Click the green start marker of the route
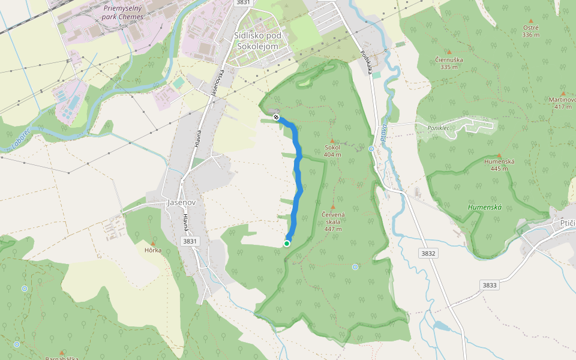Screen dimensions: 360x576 point(287,243)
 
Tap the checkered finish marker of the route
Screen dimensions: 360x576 point(276,117)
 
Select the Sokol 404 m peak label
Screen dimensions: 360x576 point(332,150)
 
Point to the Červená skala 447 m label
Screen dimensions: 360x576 point(332,221)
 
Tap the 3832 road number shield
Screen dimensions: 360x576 point(428,253)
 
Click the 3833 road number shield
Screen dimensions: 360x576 point(490,285)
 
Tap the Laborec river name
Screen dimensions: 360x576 point(20,140)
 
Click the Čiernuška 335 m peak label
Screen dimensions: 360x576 point(449,63)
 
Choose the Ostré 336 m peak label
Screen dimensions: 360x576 point(530,31)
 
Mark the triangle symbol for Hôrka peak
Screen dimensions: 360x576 point(153,242)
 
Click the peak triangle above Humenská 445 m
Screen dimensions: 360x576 point(499,155)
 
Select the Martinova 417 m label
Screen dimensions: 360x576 point(563,103)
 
